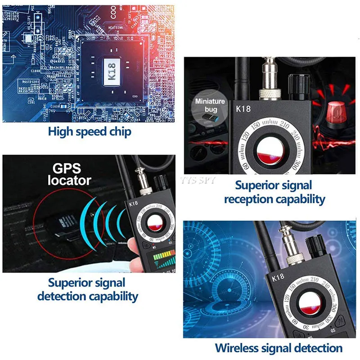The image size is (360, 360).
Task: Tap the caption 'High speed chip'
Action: click(x=90, y=131)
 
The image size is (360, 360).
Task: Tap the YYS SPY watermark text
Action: click(x=198, y=180)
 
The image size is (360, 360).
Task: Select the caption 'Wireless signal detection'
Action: click(x=279, y=347)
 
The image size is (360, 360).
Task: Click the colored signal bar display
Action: click(x=164, y=261)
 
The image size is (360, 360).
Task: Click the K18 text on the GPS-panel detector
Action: click(x=134, y=203)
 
